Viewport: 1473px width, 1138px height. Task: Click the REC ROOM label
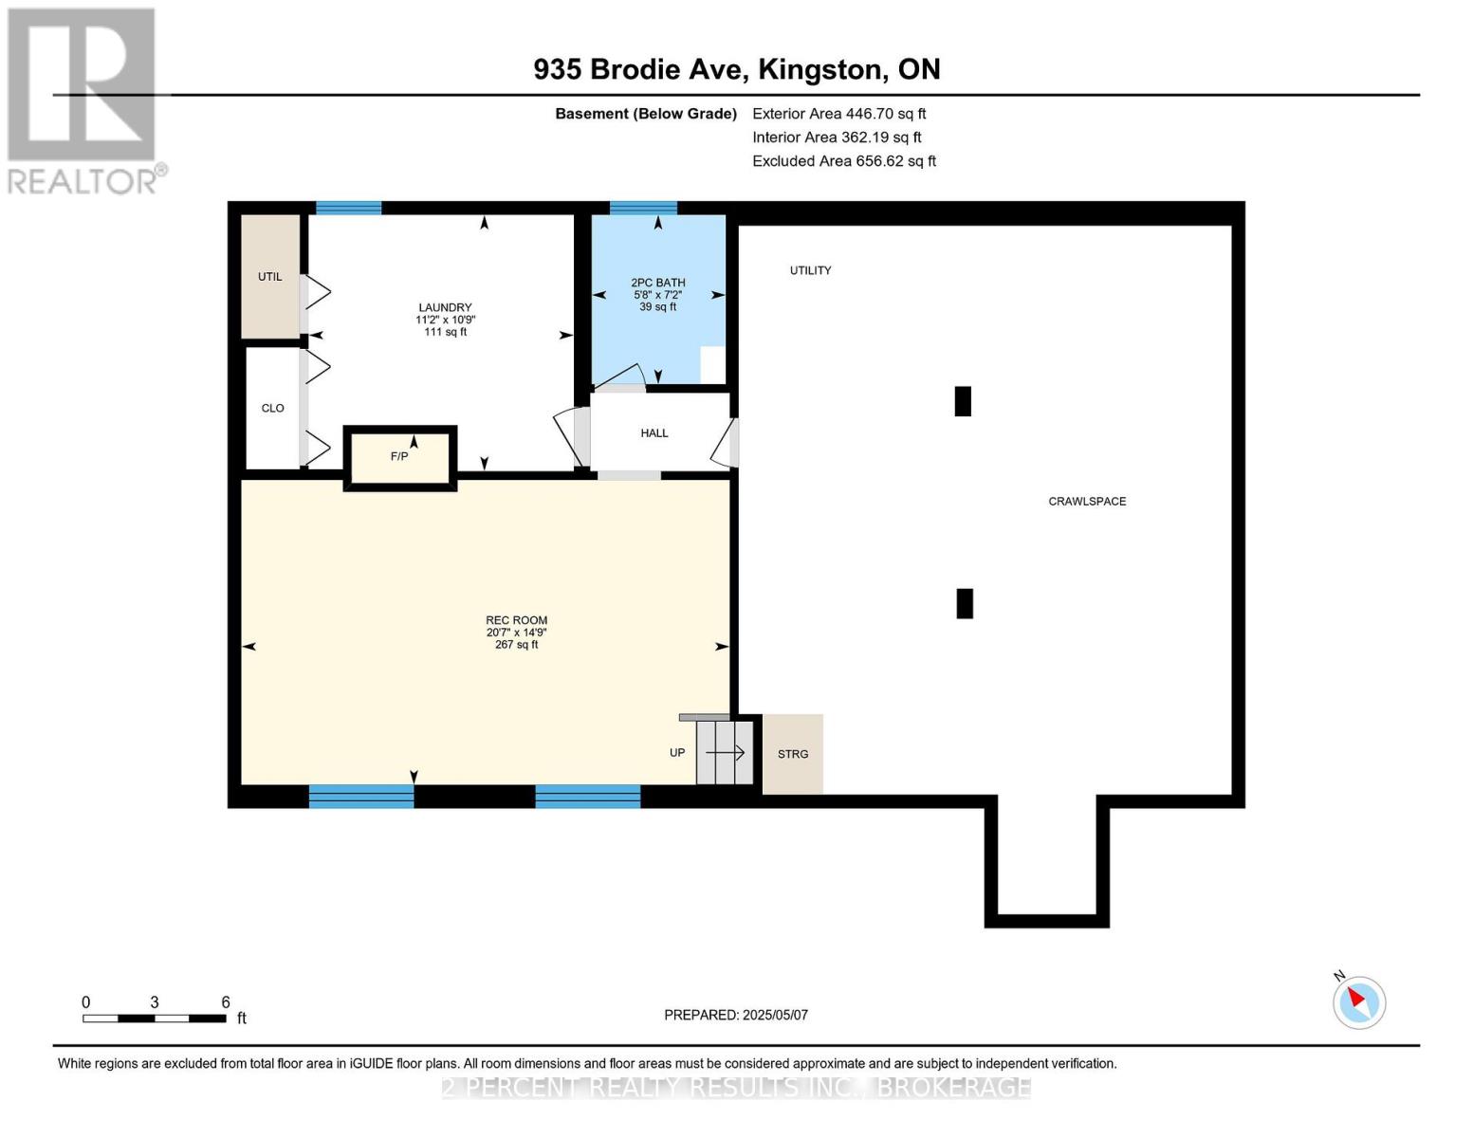click(x=516, y=621)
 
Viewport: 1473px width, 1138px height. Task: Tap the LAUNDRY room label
click(x=445, y=307)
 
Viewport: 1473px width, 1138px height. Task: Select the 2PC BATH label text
click(x=657, y=283)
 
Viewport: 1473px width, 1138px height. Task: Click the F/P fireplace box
click(x=400, y=457)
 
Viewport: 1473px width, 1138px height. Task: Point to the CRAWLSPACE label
click(x=1087, y=502)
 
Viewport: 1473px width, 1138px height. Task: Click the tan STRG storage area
click(x=793, y=754)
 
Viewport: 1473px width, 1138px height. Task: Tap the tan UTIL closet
click(x=270, y=277)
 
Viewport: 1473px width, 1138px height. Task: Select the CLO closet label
click(x=272, y=409)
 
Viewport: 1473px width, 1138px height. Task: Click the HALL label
click(x=654, y=433)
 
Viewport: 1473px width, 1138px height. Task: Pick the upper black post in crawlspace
click(x=963, y=401)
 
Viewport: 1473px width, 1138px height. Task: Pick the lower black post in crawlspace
click(x=965, y=603)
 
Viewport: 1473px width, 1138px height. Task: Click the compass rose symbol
click(x=1359, y=1001)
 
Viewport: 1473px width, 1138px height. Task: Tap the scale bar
click(x=154, y=1019)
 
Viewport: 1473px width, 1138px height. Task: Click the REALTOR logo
click(x=83, y=100)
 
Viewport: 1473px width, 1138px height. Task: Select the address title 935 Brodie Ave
click(x=736, y=69)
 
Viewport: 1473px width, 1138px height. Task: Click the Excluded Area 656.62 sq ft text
click(x=843, y=161)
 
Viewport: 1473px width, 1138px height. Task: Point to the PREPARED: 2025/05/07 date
click(x=736, y=1015)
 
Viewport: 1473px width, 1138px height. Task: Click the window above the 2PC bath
click(x=643, y=209)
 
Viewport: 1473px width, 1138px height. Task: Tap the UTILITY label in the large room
click(x=810, y=271)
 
